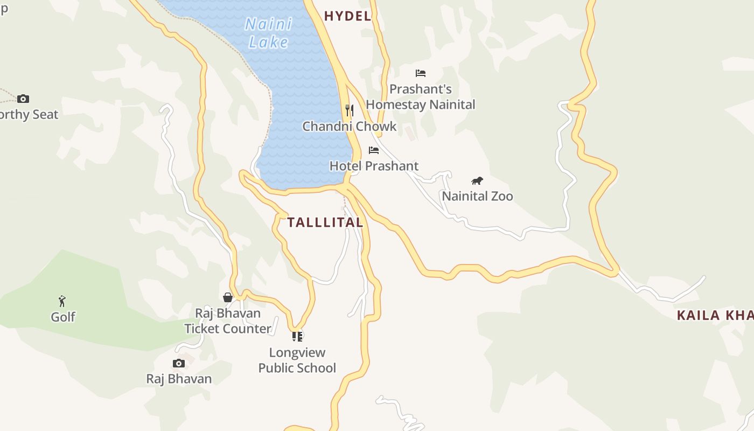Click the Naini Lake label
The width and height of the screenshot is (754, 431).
pos(269,33)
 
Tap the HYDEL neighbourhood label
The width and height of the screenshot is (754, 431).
pos(347,16)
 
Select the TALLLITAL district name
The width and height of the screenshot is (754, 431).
pos(325,222)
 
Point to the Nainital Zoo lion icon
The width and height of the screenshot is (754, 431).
pos(477,180)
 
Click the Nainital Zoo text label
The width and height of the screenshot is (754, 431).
pos(477,196)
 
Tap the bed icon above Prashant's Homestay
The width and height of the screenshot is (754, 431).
pos(421,73)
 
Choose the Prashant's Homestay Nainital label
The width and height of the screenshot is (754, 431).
pos(421,97)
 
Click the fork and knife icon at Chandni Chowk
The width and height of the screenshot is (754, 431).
pos(350,110)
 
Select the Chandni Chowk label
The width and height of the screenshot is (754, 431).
pos(349,127)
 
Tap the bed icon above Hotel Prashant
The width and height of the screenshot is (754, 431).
pos(374,150)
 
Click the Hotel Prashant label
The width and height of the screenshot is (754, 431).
pos(374,166)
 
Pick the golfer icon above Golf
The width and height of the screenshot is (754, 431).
pos(62,301)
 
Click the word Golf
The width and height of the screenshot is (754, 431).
pos(63,317)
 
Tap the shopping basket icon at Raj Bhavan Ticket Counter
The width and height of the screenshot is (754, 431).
pos(228,297)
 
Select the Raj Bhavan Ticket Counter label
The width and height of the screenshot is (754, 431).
pos(228,321)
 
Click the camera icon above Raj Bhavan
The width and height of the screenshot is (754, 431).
pos(179,363)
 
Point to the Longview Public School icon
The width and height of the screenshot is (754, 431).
pos(297,336)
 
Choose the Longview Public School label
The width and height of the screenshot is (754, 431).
pos(297,360)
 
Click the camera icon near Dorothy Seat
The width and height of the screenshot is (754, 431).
pos(23,99)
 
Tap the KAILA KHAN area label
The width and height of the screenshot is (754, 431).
pos(715,316)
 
